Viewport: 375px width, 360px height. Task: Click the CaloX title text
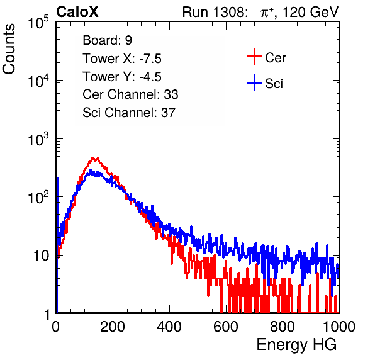[77, 12]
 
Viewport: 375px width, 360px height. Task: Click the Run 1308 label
[215, 12]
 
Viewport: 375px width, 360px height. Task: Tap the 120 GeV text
[311, 12]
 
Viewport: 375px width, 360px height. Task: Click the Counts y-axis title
[9, 49]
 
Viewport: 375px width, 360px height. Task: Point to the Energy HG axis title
[296, 345]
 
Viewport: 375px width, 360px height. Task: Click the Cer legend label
[275, 58]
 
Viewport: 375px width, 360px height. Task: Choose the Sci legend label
[274, 84]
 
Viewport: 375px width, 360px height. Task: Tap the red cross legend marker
[254, 57]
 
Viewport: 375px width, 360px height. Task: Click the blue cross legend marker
[254, 83]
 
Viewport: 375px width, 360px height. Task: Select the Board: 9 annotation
[107, 40]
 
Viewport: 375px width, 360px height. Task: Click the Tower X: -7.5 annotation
[122, 59]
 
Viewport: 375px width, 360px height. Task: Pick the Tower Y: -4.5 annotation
[122, 77]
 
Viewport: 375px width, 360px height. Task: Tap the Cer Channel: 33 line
[130, 94]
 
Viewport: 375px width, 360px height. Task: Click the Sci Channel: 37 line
[129, 113]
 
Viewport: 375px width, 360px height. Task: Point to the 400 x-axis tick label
[169, 327]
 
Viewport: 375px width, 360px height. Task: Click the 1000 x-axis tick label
[339, 327]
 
